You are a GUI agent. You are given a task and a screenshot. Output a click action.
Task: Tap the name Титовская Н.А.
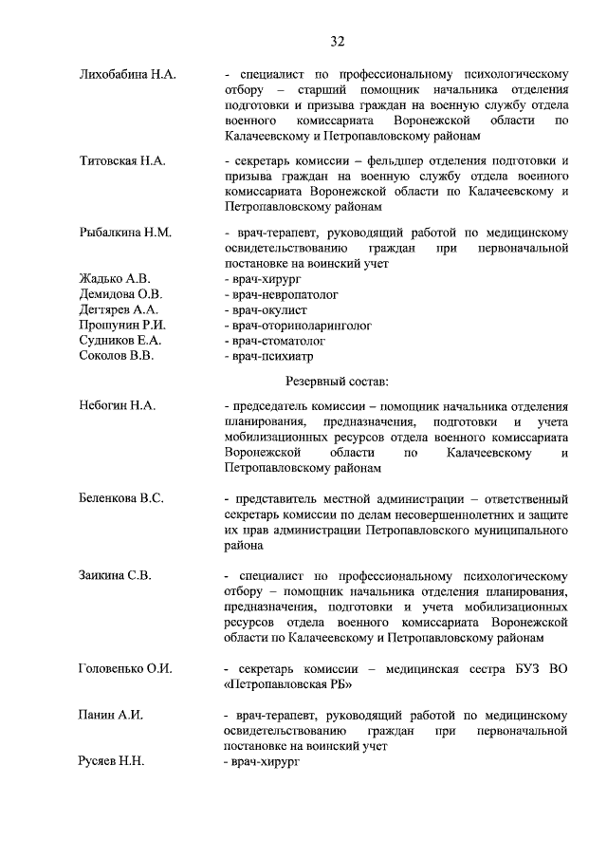pos(121,160)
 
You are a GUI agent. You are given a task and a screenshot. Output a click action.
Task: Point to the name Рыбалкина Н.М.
pos(124,233)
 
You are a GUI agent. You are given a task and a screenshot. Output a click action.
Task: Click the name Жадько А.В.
pos(114,279)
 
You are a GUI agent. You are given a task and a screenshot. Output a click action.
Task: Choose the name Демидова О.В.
pos(120,294)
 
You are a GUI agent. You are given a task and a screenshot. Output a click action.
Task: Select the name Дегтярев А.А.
pos(118,309)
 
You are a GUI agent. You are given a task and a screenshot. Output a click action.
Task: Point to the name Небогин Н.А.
pos(118,406)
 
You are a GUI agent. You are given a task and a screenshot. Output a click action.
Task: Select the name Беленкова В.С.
pos(121,497)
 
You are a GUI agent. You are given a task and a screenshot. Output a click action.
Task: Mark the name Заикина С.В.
pos(115,574)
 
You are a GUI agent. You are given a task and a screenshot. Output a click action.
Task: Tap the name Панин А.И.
pos(110,715)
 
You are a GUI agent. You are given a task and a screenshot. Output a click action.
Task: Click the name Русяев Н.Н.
pos(111,761)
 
